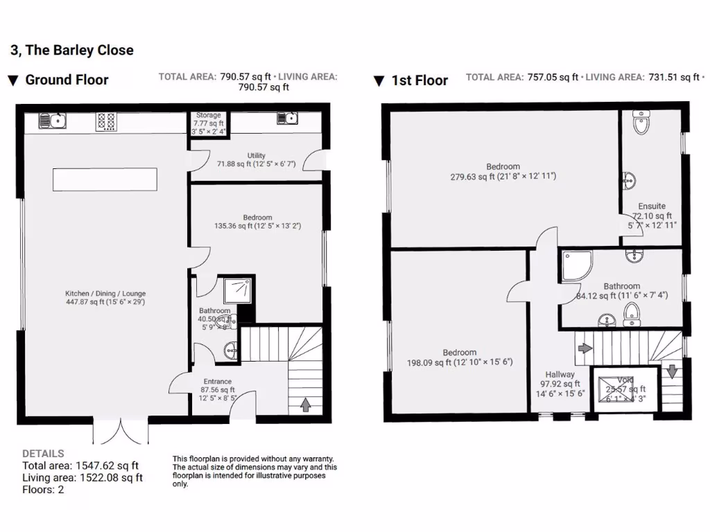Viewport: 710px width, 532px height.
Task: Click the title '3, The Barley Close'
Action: click(72, 51)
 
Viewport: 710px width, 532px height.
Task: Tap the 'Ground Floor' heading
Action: click(67, 80)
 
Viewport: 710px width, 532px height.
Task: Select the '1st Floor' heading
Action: click(419, 80)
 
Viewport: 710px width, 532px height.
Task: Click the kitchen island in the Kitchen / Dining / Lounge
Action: click(105, 179)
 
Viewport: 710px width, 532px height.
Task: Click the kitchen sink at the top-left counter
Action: click(53, 121)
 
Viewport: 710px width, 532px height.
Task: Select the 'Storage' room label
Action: click(209, 116)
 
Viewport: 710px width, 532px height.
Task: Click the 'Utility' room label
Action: click(257, 156)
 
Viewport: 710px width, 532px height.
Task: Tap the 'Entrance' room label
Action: click(218, 382)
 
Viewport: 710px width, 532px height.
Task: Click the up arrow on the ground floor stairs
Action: click(305, 404)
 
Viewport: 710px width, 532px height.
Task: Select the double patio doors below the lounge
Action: click(120, 431)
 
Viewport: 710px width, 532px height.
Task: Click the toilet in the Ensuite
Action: click(641, 125)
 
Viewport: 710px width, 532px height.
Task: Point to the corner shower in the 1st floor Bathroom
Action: click(575, 266)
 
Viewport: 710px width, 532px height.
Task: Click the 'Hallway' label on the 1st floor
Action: click(560, 375)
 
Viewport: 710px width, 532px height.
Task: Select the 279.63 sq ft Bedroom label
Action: click(503, 167)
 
